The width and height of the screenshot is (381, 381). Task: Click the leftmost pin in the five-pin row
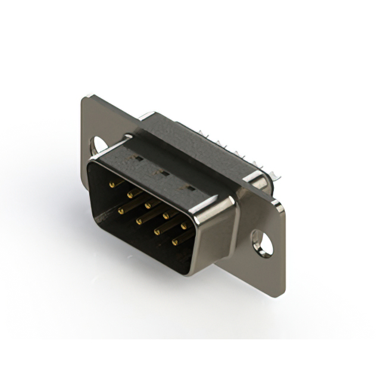[x=111, y=185]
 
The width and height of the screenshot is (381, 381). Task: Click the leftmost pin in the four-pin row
[x=121, y=210]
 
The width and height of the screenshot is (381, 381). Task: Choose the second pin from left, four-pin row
[x=139, y=220]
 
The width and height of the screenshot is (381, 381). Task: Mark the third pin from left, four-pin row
[x=157, y=230]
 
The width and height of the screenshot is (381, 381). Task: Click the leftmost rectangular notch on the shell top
[x=136, y=159]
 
